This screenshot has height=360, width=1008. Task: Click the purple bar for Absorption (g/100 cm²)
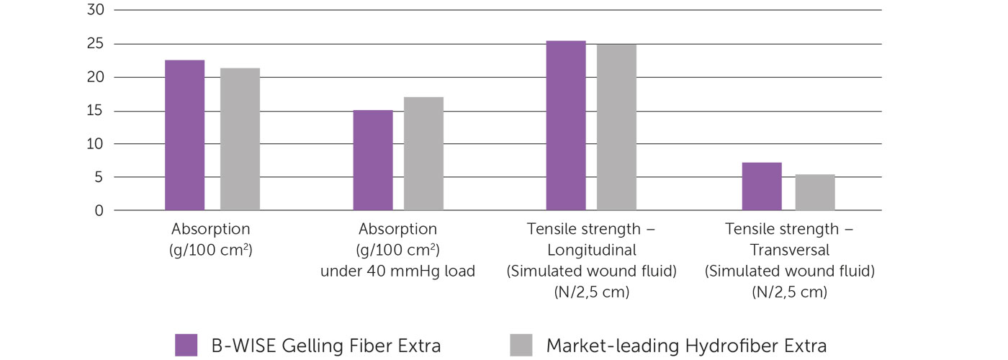pos(184,135)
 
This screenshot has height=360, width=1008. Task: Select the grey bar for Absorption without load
pos(240,139)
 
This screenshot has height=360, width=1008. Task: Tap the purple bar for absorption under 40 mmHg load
pos(373,160)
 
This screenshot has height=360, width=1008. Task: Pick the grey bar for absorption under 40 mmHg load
pos(423,153)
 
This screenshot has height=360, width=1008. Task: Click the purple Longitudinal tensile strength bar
pos(566,125)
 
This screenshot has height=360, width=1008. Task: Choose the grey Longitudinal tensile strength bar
pos(616,127)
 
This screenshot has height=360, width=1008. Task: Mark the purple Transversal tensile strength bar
pos(762,186)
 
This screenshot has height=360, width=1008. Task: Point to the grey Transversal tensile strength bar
pos(815,192)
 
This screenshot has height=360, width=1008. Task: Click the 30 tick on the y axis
pos(95,9)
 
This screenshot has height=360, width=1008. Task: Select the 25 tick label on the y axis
pos(95,44)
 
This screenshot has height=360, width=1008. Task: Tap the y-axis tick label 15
pos(95,110)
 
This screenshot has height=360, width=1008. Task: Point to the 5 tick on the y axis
pos(99,177)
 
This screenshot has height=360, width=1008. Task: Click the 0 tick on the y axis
pos(99,210)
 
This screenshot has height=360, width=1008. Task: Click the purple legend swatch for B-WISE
pos(186,345)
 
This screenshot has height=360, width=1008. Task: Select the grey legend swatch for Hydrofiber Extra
pos(521,345)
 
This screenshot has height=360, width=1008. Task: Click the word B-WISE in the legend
pos(244,346)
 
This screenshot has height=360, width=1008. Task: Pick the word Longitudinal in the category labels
pos(592,251)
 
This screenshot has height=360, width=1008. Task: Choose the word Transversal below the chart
pos(790,250)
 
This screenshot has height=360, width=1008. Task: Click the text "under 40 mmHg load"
pos(397,271)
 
